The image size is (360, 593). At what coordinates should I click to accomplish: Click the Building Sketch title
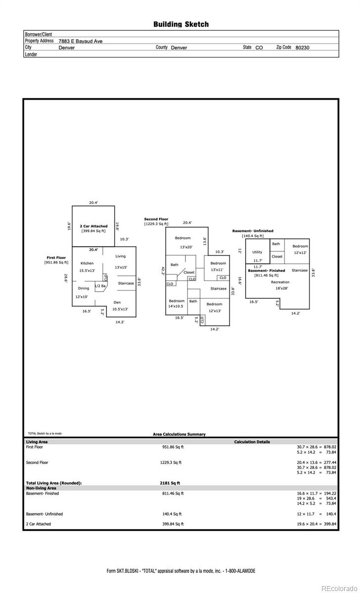[181, 24]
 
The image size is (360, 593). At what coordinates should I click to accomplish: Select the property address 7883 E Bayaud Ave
[80, 41]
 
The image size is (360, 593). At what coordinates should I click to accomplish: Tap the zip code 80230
[302, 47]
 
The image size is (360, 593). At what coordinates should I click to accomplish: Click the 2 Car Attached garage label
[93, 226]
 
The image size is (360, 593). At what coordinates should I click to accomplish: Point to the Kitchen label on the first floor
[87, 263]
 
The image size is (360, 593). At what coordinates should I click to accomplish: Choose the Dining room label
[84, 288]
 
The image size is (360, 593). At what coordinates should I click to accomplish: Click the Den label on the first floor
[117, 302]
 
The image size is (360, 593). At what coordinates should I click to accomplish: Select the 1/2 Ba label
[100, 286]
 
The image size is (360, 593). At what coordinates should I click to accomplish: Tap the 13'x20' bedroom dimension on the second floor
[186, 247]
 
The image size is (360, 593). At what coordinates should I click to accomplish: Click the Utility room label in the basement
[257, 252]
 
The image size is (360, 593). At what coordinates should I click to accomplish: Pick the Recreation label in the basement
[280, 282]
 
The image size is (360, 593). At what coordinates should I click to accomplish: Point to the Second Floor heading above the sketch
[156, 219]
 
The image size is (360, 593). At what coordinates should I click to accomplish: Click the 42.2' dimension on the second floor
[163, 271]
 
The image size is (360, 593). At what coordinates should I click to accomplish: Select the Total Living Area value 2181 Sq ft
[170, 483]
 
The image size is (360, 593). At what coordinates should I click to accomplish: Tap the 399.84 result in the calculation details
[330, 524]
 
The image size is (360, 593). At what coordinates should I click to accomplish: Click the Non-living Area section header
[41, 488]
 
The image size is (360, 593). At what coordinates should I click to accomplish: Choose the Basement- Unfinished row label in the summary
[44, 514]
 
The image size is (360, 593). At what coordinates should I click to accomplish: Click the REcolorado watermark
[339, 588]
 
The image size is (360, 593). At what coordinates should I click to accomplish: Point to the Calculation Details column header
[252, 442]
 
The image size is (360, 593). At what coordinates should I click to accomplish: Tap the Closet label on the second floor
[189, 272]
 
